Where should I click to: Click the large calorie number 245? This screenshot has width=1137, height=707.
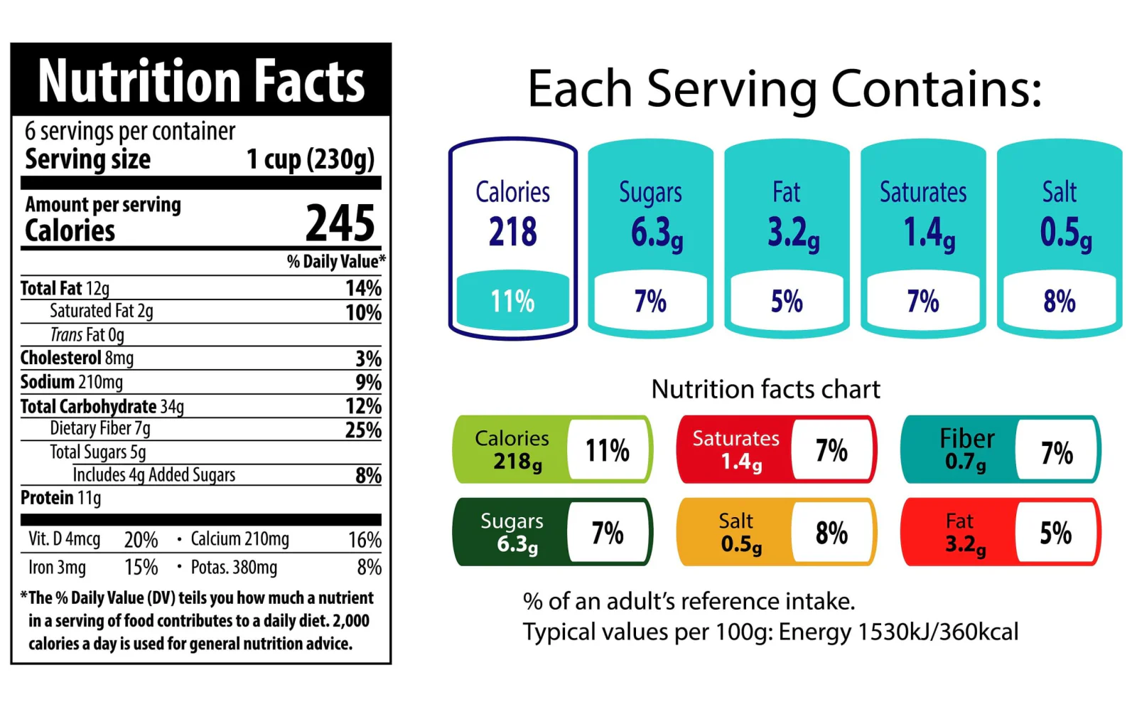click(x=340, y=223)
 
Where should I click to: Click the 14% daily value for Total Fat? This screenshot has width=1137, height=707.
click(x=363, y=288)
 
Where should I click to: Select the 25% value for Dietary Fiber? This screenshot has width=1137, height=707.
click(x=363, y=430)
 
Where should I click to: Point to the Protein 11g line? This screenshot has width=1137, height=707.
click(x=61, y=498)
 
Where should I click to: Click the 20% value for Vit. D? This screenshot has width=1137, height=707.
click(x=141, y=540)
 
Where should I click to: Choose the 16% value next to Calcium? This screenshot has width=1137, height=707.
click(x=365, y=540)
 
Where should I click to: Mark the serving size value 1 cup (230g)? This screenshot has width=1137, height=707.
click(x=310, y=159)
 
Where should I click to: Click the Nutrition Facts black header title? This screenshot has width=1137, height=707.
click(x=201, y=81)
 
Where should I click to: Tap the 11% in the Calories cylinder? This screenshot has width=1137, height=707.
click(x=512, y=302)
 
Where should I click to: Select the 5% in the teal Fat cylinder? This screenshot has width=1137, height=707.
click(x=787, y=302)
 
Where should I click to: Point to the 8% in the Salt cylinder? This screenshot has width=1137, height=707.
click(x=1059, y=302)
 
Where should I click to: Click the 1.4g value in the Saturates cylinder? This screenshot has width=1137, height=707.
click(x=929, y=233)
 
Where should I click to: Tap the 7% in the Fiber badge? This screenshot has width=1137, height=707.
click(x=1057, y=452)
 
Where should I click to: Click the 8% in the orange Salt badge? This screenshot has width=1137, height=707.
click(x=831, y=533)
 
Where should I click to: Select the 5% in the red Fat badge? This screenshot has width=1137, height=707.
click(x=1056, y=533)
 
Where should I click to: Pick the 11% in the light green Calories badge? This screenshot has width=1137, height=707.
click(x=607, y=450)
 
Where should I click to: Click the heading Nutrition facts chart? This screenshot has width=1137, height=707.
click(x=765, y=389)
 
